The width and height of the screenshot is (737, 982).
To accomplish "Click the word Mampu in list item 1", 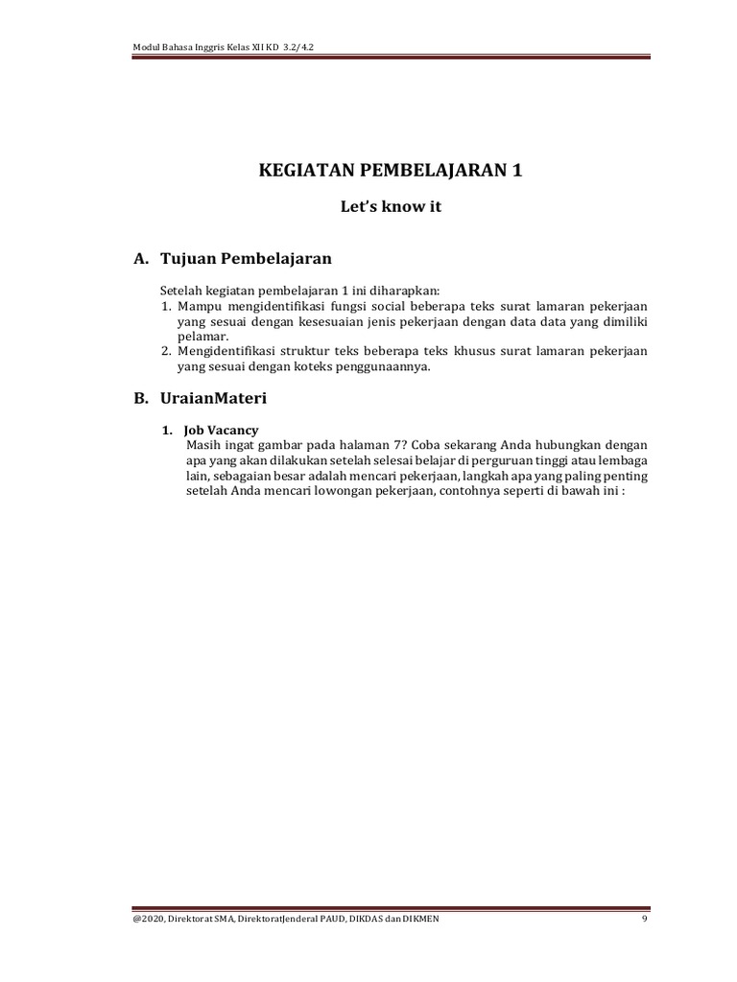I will click(x=197, y=307).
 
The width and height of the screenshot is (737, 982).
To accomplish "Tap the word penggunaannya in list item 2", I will click(x=384, y=367).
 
